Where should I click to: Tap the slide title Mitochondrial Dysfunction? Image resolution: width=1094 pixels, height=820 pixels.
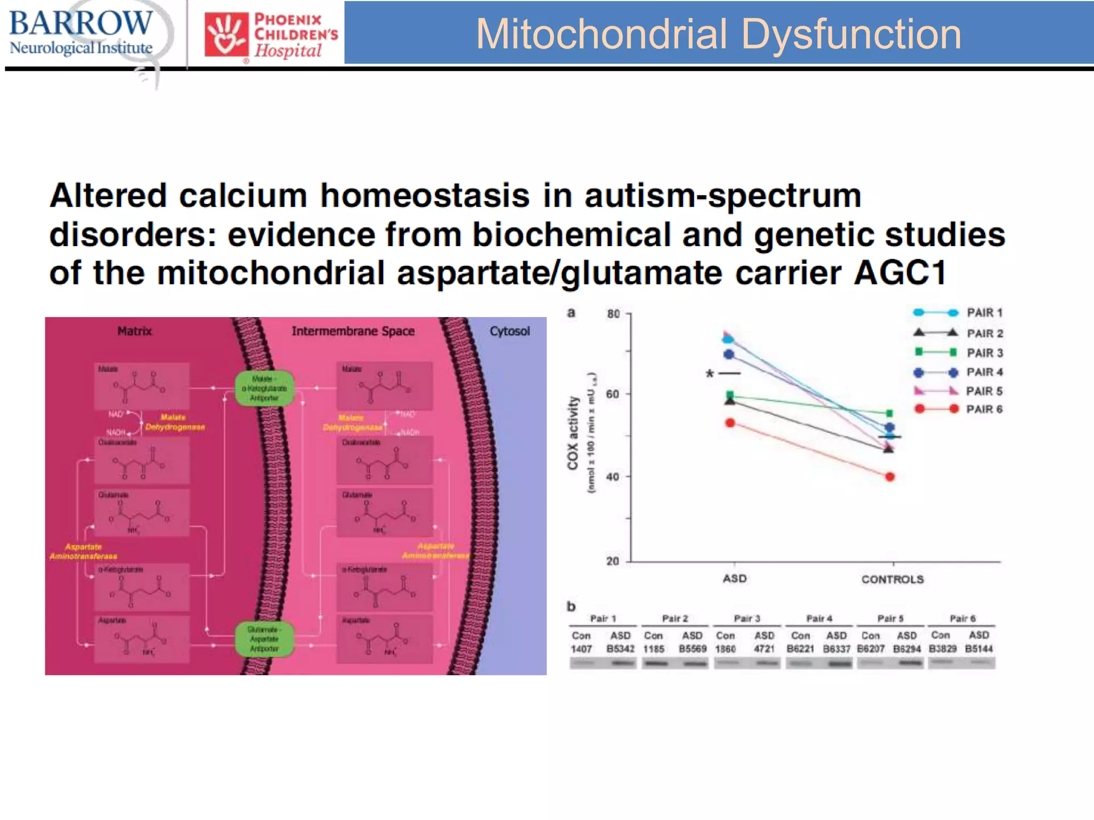(x=718, y=34)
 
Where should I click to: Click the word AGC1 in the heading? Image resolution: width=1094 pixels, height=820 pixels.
(x=900, y=273)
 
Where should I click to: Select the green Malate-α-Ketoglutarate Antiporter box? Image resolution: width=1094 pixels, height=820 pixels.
(x=264, y=388)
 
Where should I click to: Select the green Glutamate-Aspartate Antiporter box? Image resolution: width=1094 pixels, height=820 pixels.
(x=264, y=639)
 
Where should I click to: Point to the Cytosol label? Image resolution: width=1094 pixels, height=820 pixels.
(x=510, y=331)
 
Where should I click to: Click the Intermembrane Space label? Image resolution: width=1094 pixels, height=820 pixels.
(x=353, y=331)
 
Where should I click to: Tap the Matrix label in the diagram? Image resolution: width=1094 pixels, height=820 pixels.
(x=134, y=331)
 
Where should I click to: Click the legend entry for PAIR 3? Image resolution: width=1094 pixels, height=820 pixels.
(x=984, y=353)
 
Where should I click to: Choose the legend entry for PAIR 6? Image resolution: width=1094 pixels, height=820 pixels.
(x=984, y=409)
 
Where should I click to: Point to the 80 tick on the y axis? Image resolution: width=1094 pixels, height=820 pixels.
(x=613, y=314)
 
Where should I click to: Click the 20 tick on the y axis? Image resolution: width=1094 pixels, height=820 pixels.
(x=613, y=561)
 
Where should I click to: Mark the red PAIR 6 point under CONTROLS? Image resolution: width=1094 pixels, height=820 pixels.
(x=890, y=477)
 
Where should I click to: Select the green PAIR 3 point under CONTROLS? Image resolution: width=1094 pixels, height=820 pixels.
(x=890, y=414)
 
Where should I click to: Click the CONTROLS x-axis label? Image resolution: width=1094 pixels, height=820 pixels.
(x=892, y=579)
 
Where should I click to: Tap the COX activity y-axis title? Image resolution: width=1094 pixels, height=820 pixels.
(x=573, y=433)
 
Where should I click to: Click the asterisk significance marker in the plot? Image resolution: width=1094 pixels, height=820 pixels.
(x=709, y=374)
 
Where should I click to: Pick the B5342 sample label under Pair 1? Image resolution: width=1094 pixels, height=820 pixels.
(x=620, y=649)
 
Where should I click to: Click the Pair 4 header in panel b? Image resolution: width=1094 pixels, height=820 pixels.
(x=819, y=619)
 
